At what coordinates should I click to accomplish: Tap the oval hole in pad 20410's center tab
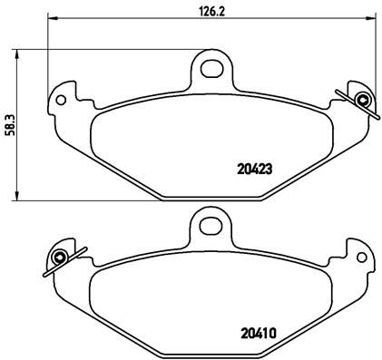(210, 222)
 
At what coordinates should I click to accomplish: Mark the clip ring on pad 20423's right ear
(362, 100)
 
